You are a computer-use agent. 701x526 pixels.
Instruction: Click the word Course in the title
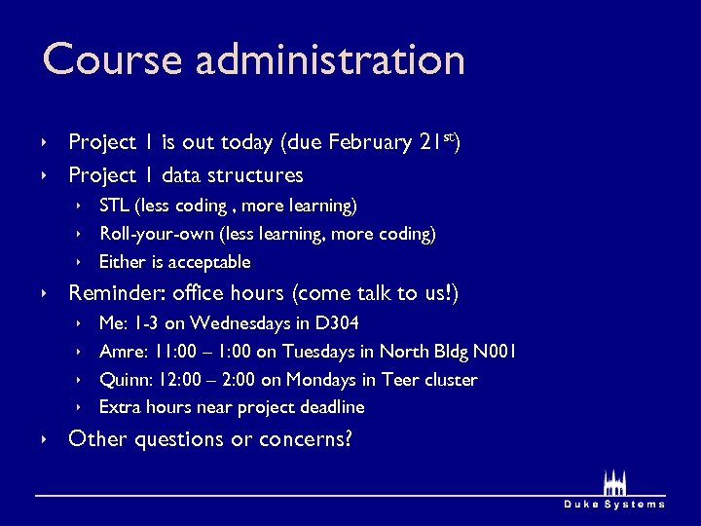[x=113, y=59]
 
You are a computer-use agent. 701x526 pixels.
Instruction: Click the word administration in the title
[x=330, y=59]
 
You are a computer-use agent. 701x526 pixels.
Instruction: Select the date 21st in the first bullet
[x=437, y=142]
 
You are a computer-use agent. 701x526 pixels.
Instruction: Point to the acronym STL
[x=115, y=206]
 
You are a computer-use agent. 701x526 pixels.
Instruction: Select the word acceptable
[x=209, y=262]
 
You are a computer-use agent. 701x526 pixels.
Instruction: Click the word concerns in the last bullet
[x=299, y=439]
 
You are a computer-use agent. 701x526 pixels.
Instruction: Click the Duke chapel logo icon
[x=613, y=482]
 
